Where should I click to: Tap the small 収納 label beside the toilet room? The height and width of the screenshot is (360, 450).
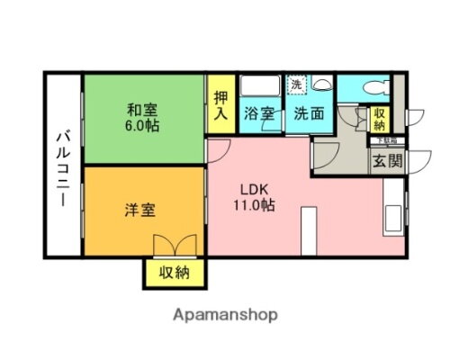[379, 119]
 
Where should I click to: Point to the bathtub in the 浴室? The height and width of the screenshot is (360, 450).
[262, 89]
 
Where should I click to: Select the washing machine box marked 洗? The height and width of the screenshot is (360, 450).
[296, 85]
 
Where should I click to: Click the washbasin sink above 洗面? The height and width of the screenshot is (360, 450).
[321, 85]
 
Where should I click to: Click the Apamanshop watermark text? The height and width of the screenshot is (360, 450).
[225, 315]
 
